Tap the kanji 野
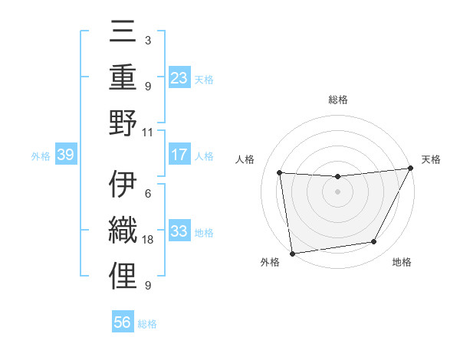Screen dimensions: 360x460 pos(123,123)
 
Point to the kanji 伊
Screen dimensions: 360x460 pos(123,185)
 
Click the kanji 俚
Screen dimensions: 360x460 pos(123,277)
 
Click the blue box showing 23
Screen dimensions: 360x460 pos(179,77)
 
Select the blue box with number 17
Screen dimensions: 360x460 pos(179,155)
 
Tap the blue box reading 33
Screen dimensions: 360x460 pos(179,231)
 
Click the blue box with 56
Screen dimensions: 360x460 pos(123,323)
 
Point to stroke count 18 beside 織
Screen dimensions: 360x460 pos(149,240)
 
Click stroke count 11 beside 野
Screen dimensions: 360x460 pos(148,132)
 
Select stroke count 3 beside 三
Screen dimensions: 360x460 pos(147,40)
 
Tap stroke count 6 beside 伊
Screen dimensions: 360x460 pos(147,194)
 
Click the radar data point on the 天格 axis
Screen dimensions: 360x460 pos(411,169)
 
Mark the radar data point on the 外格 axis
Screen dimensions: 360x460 pos(292,253)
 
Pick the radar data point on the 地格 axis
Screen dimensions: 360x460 pos(374,242)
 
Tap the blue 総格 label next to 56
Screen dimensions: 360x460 pos(147,324)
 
